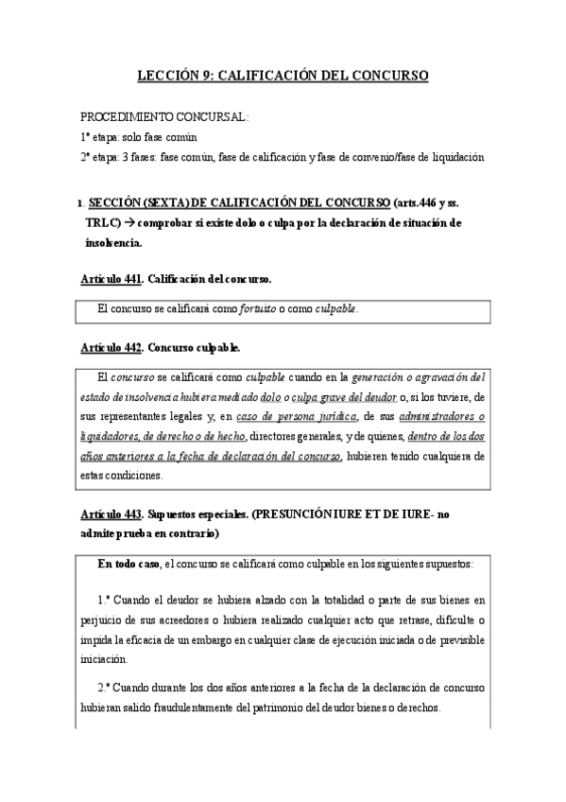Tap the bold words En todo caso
(x=129, y=564)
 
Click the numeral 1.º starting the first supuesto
(x=105, y=600)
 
